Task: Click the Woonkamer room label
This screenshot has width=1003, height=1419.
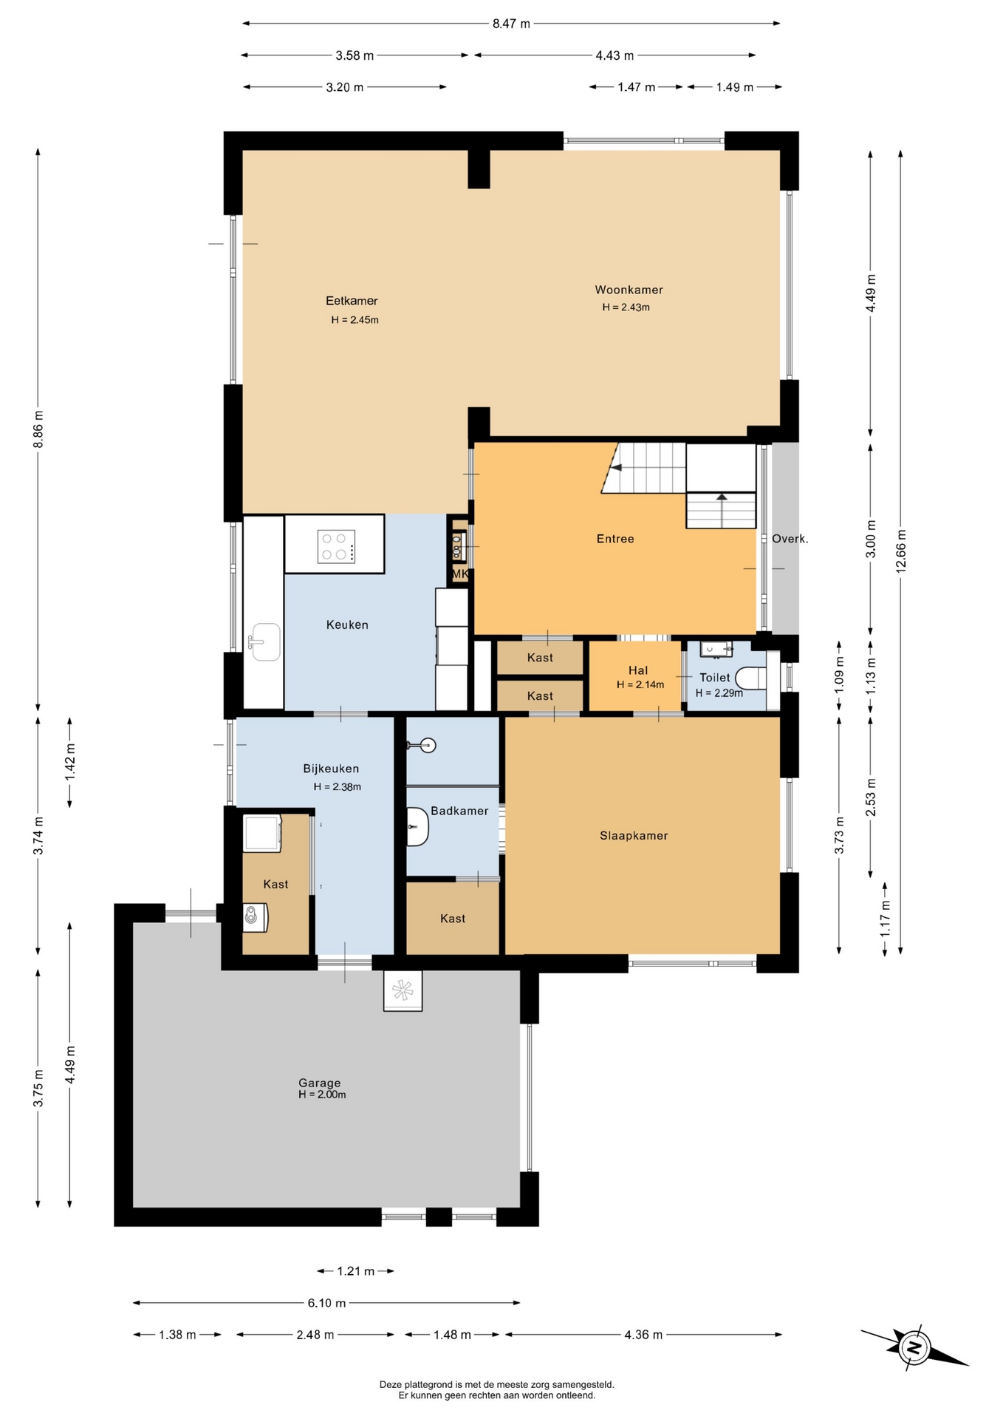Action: pos(629,290)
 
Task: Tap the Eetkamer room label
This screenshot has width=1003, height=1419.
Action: pos(352,301)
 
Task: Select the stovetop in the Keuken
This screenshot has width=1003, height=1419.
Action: pos(336,547)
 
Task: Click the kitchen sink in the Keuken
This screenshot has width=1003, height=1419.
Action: pos(264,642)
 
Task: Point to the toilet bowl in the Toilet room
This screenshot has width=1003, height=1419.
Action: pos(751,678)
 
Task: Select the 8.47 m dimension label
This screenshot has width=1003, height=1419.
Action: pos(511,24)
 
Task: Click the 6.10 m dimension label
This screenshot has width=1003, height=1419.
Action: pos(326,1303)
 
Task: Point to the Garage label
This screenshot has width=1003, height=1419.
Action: pos(319,1083)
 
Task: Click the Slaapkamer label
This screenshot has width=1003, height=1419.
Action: pos(634,836)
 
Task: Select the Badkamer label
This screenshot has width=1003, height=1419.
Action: pos(459,811)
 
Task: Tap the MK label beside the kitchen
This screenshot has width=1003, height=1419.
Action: pos(459,574)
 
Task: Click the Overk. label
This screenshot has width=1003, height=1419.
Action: pos(790,539)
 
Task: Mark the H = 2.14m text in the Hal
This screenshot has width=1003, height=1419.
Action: pos(640,684)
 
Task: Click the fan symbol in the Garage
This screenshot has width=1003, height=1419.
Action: pos(403,990)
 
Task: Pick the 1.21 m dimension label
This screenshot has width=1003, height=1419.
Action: pos(355,1271)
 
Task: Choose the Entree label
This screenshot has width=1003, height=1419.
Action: pos(615,539)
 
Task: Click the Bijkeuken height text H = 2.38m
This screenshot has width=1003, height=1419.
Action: pos(338,787)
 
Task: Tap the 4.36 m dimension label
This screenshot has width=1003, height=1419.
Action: pos(643,1335)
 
